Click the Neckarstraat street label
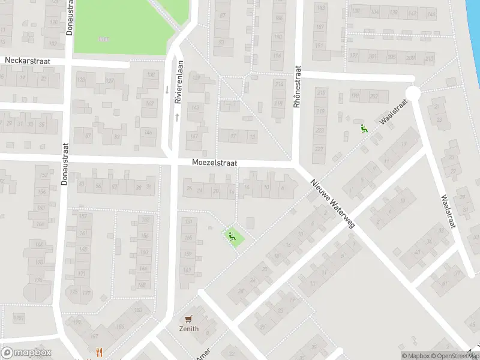(x=28, y=61)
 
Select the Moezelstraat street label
(x=215, y=163)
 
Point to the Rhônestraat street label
(x=296, y=87)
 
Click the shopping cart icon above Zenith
(x=190, y=319)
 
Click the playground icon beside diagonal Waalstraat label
(x=364, y=128)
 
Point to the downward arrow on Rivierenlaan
(x=167, y=90)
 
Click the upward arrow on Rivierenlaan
(x=178, y=116)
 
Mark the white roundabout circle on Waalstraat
(x=413, y=92)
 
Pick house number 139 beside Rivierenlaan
(x=195, y=79)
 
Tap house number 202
(x=374, y=96)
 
